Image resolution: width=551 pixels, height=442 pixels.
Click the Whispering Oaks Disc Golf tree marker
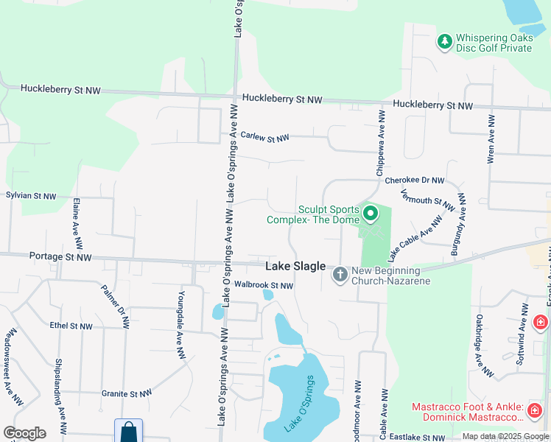pyautogui.click(x=444, y=41)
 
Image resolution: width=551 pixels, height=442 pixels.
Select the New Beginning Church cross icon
pyautogui.click(x=340, y=275)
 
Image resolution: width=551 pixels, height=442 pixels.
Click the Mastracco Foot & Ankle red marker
pyautogui.click(x=535, y=409)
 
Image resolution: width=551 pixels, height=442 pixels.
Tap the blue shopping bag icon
pyautogui.click(x=128, y=430)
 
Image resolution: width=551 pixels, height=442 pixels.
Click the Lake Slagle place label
pyautogui.click(x=295, y=266)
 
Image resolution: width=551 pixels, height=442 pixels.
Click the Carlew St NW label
pyautogui.click(x=265, y=137)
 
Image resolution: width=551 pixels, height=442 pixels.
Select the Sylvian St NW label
pyautogui.click(x=31, y=196)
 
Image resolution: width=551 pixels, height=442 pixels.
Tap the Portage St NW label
pyautogui.click(x=60, y=257)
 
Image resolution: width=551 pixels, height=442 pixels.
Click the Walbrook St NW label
pyautogui.click(x=264, y=285)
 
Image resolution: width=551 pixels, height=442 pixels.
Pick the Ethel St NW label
pyautogui.click(x=71, y=326)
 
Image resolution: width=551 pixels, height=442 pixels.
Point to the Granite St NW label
pyautogui.click(x=126, y=393)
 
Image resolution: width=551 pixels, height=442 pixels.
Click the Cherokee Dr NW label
pyautogui.click(x=415, y=180)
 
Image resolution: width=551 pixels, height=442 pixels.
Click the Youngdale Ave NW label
pyautogui.click(x=180, y=324)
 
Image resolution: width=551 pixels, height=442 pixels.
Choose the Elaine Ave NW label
pyautogui.click(x=76, y=222)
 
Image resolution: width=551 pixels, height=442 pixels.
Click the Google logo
pyautogui.click(x=24, y=433)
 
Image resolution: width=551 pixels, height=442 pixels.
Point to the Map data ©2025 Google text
pyautogui.click(x=505, y=436)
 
